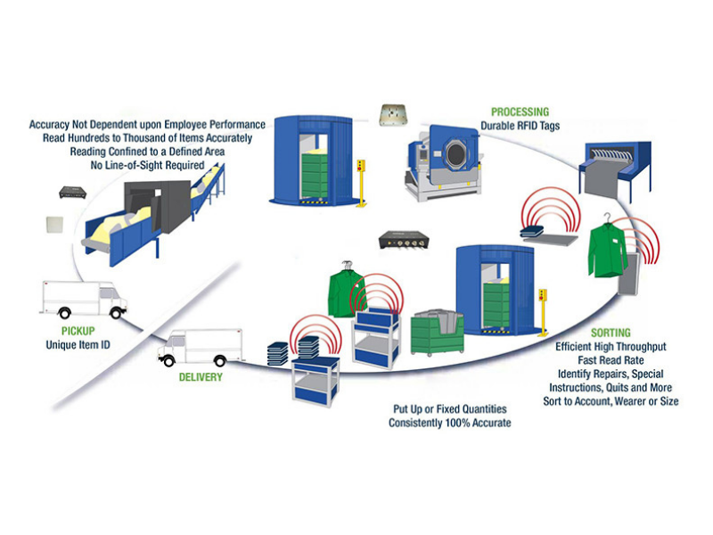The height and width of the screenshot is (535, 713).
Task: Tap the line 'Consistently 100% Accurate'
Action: (450, 423)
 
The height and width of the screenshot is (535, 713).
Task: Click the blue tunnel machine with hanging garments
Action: (619, 160)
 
